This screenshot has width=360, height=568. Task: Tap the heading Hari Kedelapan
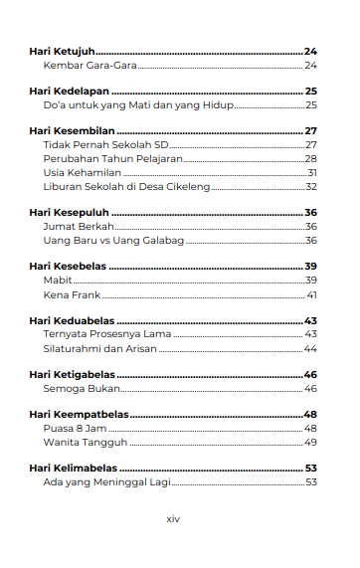69,91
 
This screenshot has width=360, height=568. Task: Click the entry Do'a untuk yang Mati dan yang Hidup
138,104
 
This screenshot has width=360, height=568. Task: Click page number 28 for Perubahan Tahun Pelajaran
310,158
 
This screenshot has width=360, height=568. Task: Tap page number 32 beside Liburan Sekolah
310,186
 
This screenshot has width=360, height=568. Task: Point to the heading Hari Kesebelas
68,267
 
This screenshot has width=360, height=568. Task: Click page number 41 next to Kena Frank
311,294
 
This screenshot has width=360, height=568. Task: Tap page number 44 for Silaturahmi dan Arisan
310,349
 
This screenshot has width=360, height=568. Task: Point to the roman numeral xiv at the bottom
172,519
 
